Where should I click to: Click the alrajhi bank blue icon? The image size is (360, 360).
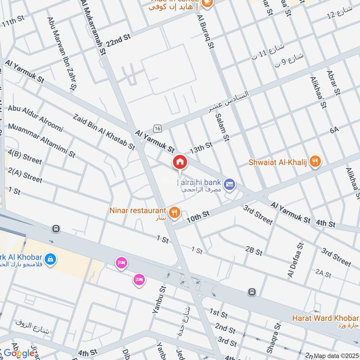[230, 184]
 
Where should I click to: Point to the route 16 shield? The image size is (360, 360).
[157, 129]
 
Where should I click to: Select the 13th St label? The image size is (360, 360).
[201, 147]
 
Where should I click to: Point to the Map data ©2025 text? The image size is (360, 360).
[336, 356]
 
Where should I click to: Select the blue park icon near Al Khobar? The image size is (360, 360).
[50, 259]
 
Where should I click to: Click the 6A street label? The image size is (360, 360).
[333, 130]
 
